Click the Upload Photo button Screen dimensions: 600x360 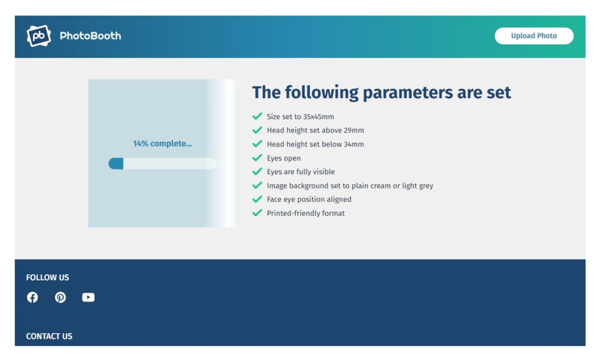point(534,36)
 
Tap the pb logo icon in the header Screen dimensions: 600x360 point(39,36)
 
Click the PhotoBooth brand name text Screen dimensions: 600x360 point(90,36)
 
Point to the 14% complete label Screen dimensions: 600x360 point(162,143)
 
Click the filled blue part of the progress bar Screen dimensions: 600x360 point(116,164)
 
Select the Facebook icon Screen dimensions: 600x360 point(33,297)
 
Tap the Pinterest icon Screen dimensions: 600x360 point(60,297)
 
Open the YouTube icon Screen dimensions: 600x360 point(88,297)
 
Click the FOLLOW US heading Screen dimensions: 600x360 point(47,277)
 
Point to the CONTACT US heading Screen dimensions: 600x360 point(49,336)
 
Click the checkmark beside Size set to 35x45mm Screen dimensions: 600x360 point(257,116)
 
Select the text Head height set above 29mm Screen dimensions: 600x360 point(315,130)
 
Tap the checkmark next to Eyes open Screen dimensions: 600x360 point(257,157)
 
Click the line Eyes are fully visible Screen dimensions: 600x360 point(301,172)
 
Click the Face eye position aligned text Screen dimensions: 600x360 point(309,199)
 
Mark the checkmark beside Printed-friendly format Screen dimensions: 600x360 point(257,213)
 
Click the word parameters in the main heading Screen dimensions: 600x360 point(408,93)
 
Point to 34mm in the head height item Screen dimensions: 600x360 point(353,144)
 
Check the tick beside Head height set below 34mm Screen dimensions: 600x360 point(257,144)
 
